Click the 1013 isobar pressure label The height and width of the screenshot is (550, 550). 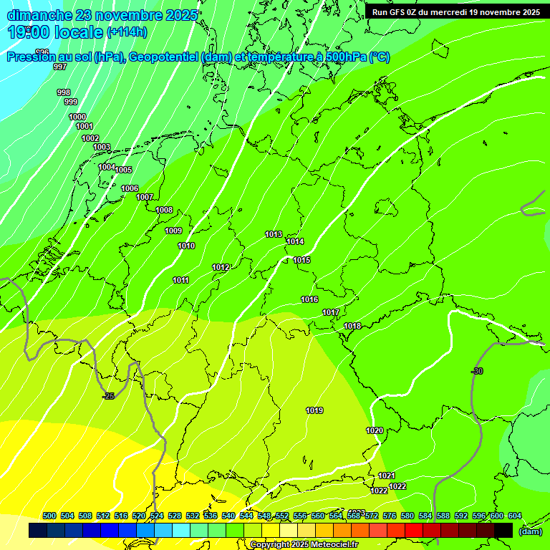[274, 234]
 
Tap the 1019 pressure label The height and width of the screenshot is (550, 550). [314, 410]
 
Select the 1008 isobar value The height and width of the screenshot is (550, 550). [164, 210]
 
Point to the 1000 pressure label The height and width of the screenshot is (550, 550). [77, 117]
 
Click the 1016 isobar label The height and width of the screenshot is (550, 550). [309, 299]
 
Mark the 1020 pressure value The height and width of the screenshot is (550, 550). [375, 430]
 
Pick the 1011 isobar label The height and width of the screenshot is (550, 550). [180, 280]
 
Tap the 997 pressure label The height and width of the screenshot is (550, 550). [60, 67]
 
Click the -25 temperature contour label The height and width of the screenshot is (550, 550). [108, 396]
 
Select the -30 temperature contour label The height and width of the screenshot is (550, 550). [477, 371]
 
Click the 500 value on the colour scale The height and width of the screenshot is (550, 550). [49, 516]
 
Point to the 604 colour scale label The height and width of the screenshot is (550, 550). [514, 516]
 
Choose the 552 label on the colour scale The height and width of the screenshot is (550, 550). [282, 516]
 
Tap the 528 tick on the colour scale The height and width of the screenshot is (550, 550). [175, 516]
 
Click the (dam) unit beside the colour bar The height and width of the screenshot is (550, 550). [530, 531]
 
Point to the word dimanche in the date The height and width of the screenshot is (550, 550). [36, 14]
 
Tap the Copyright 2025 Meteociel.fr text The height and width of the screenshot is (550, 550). [304, 545]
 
